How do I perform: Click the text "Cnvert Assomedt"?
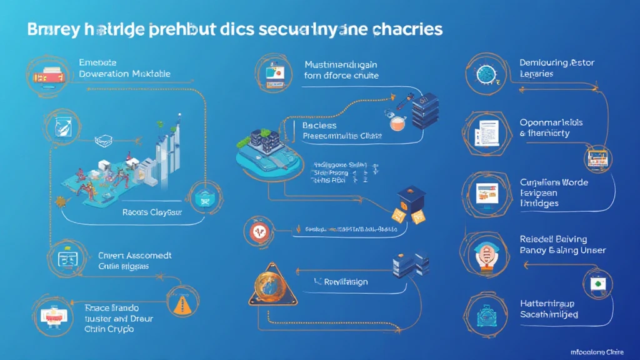pos(135,255)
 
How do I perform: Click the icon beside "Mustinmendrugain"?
pos(274,72)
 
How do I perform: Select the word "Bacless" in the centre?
pos(319,125)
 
